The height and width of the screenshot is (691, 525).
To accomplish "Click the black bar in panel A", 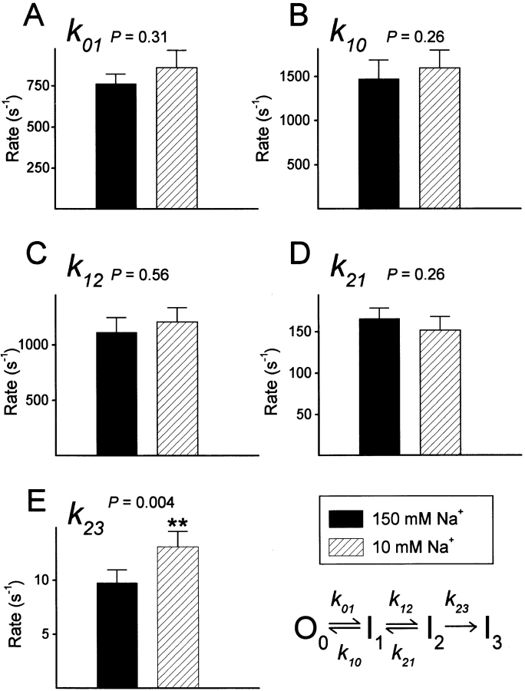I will click(x=116, y=145).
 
